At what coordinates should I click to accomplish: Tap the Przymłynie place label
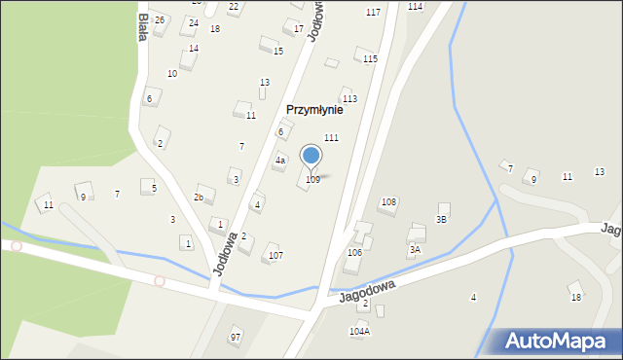[313, 110]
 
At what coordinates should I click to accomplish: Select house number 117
[373, 12]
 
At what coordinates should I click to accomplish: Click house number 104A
[359, 332]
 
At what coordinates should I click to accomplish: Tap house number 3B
[441, 220]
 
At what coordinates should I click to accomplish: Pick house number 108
[388, 202]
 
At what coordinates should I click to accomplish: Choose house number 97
[235, 337]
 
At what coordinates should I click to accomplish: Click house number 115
[370, 59]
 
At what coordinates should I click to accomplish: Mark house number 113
[349, 99]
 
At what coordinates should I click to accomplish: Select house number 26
[160, 20]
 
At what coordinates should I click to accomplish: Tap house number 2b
[198, 198]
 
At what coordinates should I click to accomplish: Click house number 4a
[279, 161]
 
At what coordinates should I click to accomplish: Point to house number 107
[276, 256]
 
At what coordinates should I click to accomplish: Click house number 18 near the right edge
[575, 298]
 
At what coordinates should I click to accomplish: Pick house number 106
[354, 252]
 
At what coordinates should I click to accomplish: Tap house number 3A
[415, 250]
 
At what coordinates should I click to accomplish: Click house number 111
[331, 138]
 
